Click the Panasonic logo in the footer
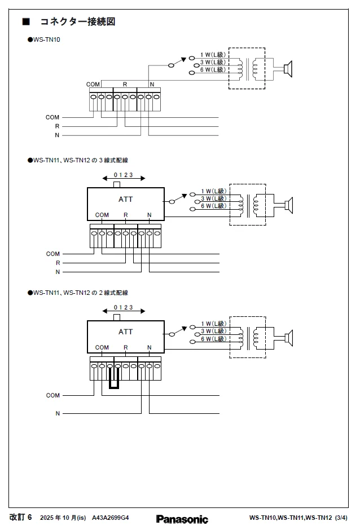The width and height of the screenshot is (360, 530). pyautogui.click(x=182, y=519)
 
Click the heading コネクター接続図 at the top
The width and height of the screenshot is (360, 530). pyautogui.click(x=77, y=22)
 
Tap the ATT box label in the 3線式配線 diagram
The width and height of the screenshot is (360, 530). pyautogui.click(x=126, y=199)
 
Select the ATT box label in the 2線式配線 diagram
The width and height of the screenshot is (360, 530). pyautogui.click(x=126, y=332)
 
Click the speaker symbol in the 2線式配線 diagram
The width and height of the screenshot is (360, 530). pyautogui.click(x=288, y=338)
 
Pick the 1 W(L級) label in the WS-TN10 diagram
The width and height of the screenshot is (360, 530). pyautogui.click(x=213, y=55)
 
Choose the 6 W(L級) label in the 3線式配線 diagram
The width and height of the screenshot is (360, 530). pyautogui.click(x=213, y=206)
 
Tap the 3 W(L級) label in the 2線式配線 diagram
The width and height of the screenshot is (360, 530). pyautogui.click(x=213, y=332)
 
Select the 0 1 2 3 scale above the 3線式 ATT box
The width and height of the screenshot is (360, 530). pyautogui.click(x=123, y=175)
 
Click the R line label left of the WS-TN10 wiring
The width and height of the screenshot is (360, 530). pyautogui.click(x=57, y=126)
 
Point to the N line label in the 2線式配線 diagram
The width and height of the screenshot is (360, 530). pyautogui.click(x=57, y=413)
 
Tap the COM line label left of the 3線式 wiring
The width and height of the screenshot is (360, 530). pyautogui.click(x=53, y=254)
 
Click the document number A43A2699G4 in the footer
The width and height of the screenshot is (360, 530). pyautogui.click(x=111, y=518)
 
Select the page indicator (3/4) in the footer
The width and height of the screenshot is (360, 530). pyautogui.click(x=341, y=518)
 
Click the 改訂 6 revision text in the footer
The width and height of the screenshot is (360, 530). pyautogui.click(x=21, y=517)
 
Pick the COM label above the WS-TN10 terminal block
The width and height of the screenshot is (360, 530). pyautogui.click(x=93, y=85)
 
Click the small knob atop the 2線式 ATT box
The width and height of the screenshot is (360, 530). pyautogui.click(x=117, y=317)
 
